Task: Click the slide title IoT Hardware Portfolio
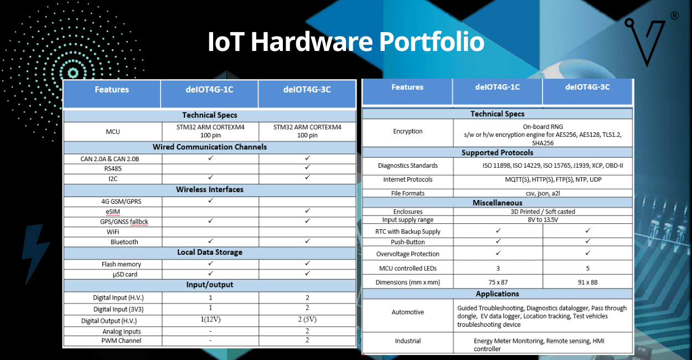coord(346,42)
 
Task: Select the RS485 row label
coord(112,169)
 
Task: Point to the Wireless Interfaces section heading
coord(210,189)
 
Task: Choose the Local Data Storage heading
coord(210,252)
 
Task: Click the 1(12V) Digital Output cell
coord(210,320)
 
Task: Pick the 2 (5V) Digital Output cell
coord(307,320)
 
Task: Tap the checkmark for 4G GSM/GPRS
coord(210,201)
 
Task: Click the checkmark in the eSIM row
coord(307,212)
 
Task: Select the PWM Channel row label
coord(121,341)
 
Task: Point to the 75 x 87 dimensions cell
coord(498,282)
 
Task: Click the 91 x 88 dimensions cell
coord(587,282)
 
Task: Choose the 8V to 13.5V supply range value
coord(543,220)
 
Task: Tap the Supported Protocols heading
coord(497,152)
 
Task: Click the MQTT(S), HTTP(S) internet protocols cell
coord(543,179)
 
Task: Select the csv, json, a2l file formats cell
coord(543,193)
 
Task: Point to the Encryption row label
coord(407,131)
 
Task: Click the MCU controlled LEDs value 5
coord(587,268)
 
